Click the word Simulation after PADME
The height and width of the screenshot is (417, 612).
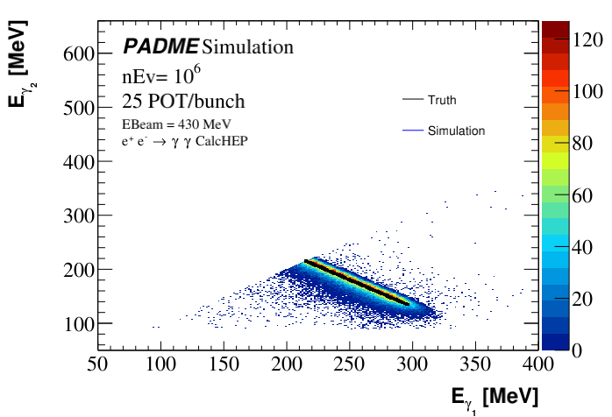pyautogui.click(x=248, y=46)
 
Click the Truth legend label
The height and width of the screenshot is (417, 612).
pyautogui.click(x=442, y=101)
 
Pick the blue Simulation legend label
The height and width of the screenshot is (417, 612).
pyautogui.click(x=456, y=131)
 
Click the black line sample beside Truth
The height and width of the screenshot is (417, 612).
pyautogui.click(x=413, y=101)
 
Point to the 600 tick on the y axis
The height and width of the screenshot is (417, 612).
pyautogui.click(x=79, y=54)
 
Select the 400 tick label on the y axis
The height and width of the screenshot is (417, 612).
pyautogui.click(x=79, y=162)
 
